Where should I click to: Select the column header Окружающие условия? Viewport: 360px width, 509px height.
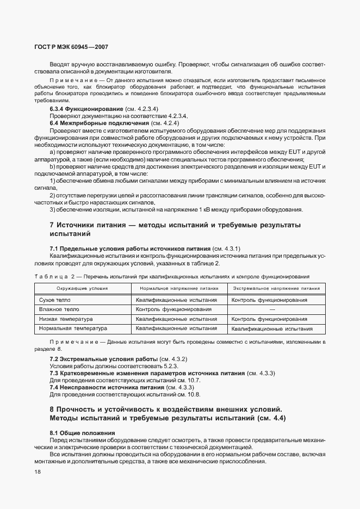[83, 289]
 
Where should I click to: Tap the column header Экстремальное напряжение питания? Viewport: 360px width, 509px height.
[276, 289]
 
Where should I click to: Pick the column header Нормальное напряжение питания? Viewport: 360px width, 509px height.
[179, 289]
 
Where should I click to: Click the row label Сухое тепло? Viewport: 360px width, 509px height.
[55, 300]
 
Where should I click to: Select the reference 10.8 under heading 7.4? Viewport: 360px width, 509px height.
[194, 394]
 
